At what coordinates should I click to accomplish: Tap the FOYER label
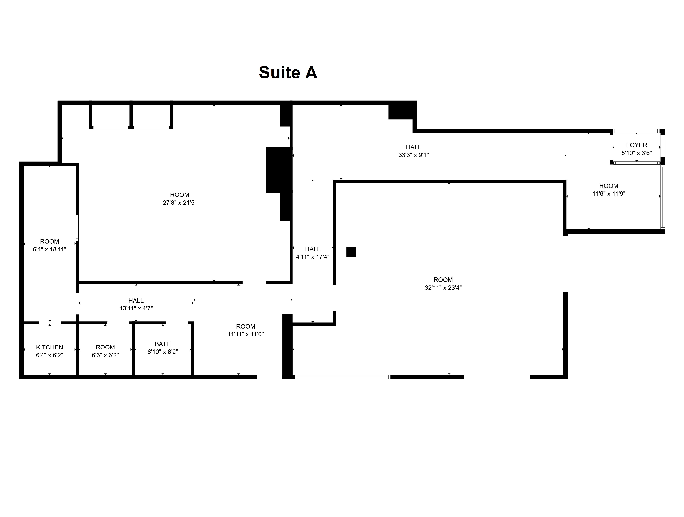636,145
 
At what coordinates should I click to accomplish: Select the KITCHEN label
49,347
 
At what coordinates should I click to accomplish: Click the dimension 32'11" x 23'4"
443,288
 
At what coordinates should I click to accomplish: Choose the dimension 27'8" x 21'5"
180,203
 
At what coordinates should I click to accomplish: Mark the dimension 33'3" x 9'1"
413,155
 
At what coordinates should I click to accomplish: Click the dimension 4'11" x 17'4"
313,257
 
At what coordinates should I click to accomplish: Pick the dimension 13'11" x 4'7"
136,308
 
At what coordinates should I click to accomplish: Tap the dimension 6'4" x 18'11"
49,249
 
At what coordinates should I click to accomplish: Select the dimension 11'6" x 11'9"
609,194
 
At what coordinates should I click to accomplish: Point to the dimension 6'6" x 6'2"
105,355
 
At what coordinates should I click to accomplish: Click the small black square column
351,252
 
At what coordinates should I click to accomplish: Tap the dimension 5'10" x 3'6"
636,153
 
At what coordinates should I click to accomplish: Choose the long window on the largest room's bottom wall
343,377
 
